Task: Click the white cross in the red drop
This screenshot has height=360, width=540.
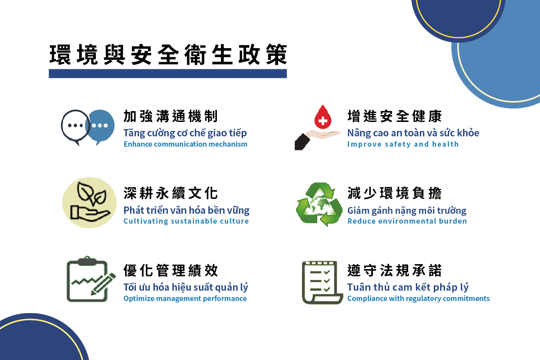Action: (323, 120)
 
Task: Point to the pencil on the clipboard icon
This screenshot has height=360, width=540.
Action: (103, 284)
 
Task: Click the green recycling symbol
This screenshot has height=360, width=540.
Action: (319, 204)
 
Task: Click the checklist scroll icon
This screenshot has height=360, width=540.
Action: (322, 282)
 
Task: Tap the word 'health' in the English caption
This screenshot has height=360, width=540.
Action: (445, 144)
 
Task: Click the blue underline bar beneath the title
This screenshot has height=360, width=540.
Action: (168, 73)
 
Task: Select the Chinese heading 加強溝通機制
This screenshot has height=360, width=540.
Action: (171, 116)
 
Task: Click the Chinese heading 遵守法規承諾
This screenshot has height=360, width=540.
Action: (394, 270)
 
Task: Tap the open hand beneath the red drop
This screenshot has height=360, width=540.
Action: (317, 139)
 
